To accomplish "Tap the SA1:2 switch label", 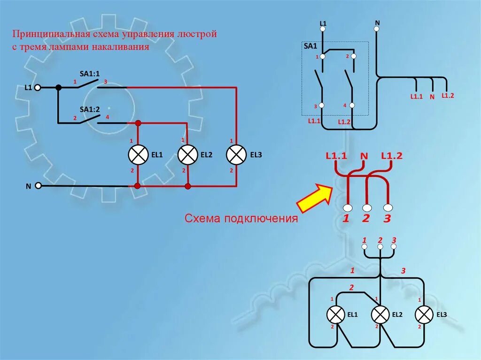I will (90, 109).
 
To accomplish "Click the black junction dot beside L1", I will (58, 87).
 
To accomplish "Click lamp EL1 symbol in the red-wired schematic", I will (138, 155).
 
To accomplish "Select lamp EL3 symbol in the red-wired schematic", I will (236, 155).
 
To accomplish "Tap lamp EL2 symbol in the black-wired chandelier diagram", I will (380, 314).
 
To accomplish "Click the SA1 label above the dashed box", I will (310, 46).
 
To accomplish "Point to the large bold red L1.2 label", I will (392, 156).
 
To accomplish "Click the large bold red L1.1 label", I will (336, 156).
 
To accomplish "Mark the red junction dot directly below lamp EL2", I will (188, 186).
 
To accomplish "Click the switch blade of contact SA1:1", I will (87, 84).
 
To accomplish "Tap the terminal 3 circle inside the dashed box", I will (322, 105).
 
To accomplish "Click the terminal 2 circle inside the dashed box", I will (353, 56).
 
